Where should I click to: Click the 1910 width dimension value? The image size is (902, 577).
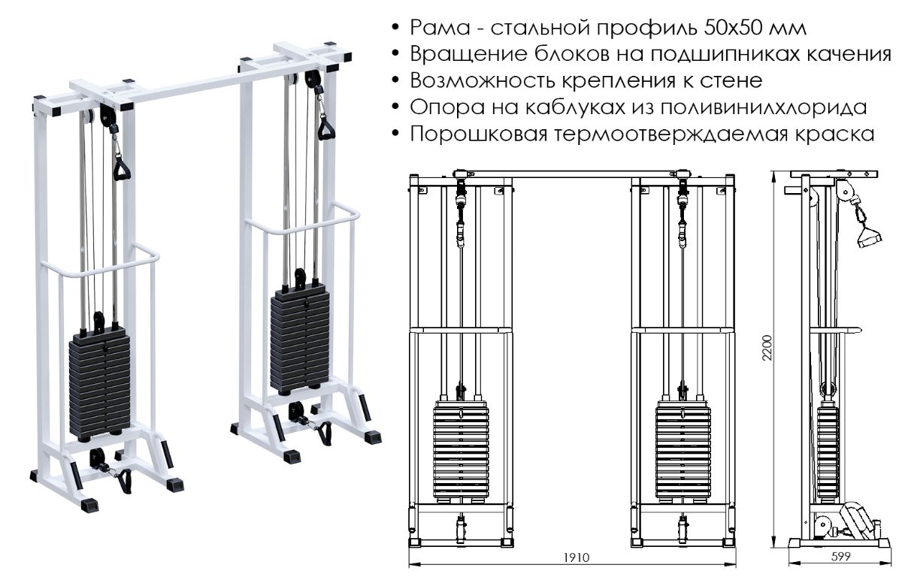click(x=577, y=557)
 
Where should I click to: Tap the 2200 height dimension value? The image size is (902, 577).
click(x=767, y=348)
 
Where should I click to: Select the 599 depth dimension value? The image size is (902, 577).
click(x=841, y=557)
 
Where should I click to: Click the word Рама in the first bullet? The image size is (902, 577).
click(x=440, y=28)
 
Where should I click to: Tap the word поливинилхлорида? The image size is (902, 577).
click(x=724, y=107)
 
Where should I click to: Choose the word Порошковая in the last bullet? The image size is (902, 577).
click(x=479, y=134)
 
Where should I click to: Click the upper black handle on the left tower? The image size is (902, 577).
click(x=121, y=169)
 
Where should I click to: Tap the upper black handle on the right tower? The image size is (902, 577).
click(x=326, y=128)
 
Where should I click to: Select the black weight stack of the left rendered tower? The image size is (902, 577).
click(x=99, y=387)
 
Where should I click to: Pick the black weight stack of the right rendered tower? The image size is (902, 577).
click(x=300, y=339)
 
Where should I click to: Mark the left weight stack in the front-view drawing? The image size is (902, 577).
click(x=462, y=451)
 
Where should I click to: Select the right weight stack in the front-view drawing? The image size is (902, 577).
click(x=683, y=451)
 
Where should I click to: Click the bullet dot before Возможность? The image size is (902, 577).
click(x=396, y=80)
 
